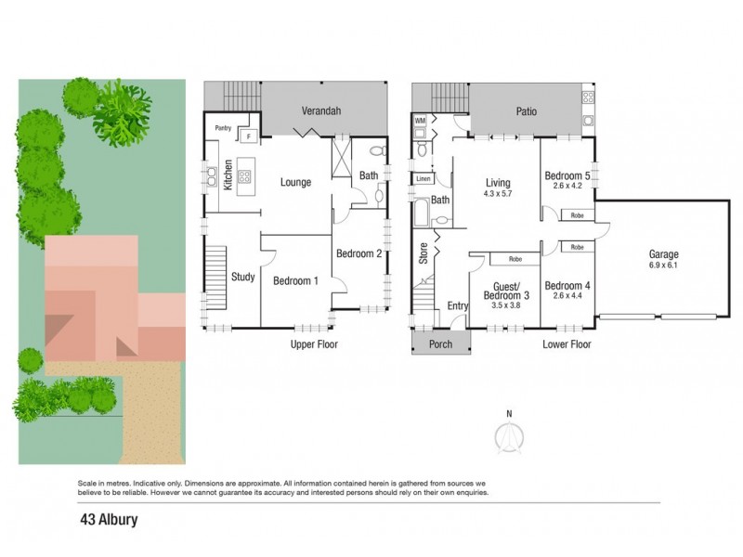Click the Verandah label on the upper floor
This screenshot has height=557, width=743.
(321, 111)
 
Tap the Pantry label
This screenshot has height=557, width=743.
(223, 128)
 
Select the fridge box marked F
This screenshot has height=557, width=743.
(249, 136)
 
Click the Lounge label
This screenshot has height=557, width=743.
(295, 182)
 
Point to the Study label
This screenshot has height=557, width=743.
(243, 277)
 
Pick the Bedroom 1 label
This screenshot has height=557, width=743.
(295, 281)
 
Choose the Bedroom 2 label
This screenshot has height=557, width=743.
(358, 253)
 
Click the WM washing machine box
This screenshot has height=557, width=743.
(421, 121)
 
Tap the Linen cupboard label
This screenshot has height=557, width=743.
(424, 179)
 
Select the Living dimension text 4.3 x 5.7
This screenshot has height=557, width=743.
(498, 194)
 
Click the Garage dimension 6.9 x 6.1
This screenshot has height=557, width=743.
(663, 266)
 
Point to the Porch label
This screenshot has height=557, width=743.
(440, 344)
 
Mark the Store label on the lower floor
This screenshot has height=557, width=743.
(424, 253)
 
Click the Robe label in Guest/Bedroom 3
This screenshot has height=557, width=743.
(515, 259)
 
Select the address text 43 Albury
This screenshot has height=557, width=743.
(109, 520)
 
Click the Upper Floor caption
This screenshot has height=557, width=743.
(314, 344)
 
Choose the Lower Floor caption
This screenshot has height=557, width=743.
(567, 344)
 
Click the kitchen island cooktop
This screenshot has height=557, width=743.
(244, 176)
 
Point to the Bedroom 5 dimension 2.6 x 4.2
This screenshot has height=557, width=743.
(567, 186)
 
